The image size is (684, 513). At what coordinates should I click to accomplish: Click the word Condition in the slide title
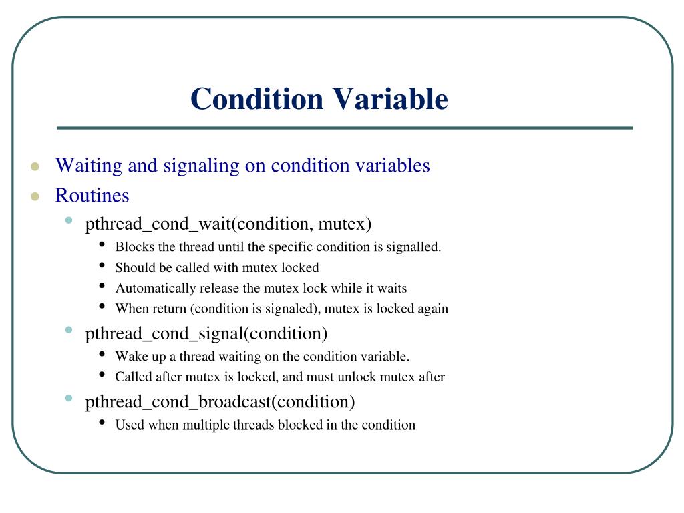256,99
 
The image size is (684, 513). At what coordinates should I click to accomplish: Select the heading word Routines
92,196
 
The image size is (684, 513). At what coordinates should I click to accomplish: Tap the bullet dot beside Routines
35,196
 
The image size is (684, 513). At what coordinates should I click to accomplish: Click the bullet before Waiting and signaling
35,166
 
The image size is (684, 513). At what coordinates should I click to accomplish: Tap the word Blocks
134,247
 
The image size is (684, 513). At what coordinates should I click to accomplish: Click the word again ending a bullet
432,309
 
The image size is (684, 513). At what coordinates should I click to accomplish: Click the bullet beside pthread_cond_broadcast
69,399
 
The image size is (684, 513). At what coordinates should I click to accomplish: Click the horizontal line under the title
344,128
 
